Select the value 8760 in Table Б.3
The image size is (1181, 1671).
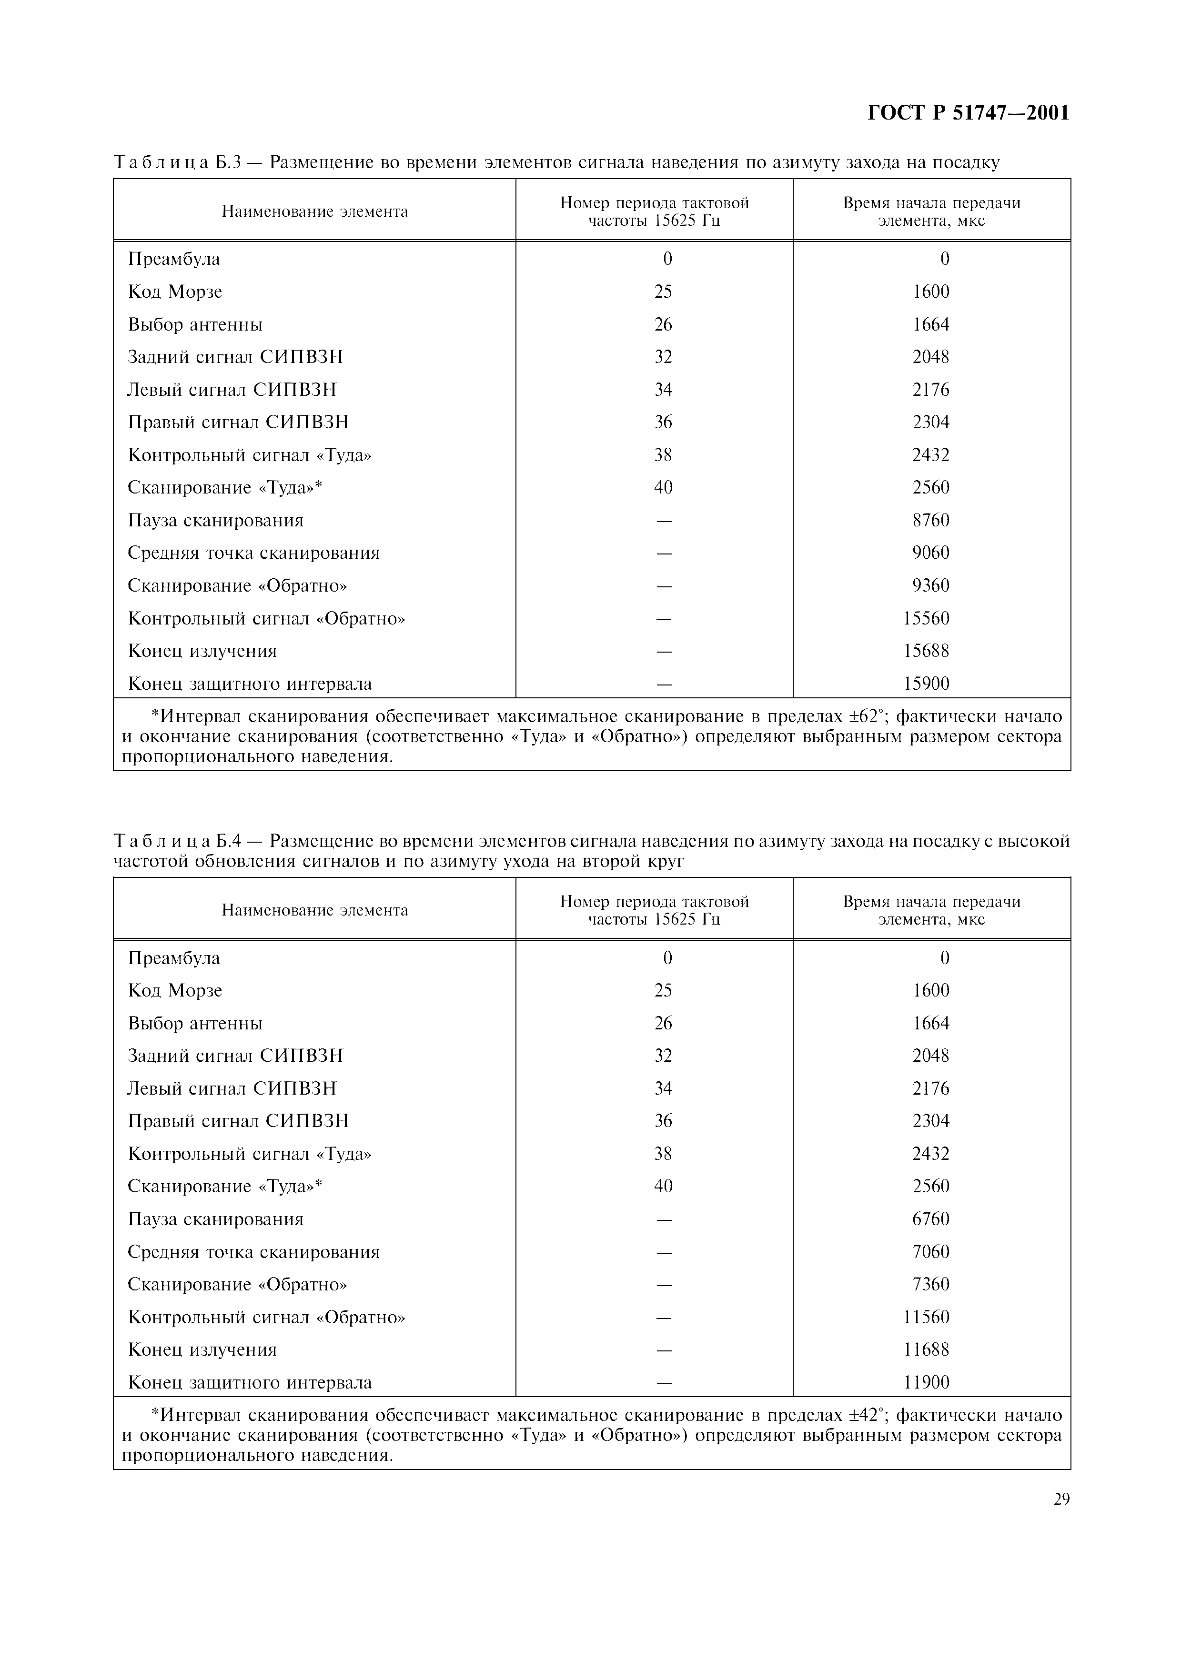[931, 520]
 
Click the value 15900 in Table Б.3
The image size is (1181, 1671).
[926, 684]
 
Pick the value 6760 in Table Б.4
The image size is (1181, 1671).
[931, 1219]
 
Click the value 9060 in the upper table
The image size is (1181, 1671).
[931, 553]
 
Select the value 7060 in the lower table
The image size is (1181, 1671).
[931, 1252]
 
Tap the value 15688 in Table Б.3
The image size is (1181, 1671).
[926, 651]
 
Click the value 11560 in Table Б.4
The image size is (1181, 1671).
[926, 1317]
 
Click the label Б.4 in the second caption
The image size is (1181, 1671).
[229, 841]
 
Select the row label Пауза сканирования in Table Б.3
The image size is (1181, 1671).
[215, 520]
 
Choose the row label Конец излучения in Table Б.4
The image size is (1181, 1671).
[202, 1350]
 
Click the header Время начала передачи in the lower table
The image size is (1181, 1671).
[931, 902]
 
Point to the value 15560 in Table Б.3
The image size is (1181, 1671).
[926, 619]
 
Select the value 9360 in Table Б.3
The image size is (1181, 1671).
[931, 586]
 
